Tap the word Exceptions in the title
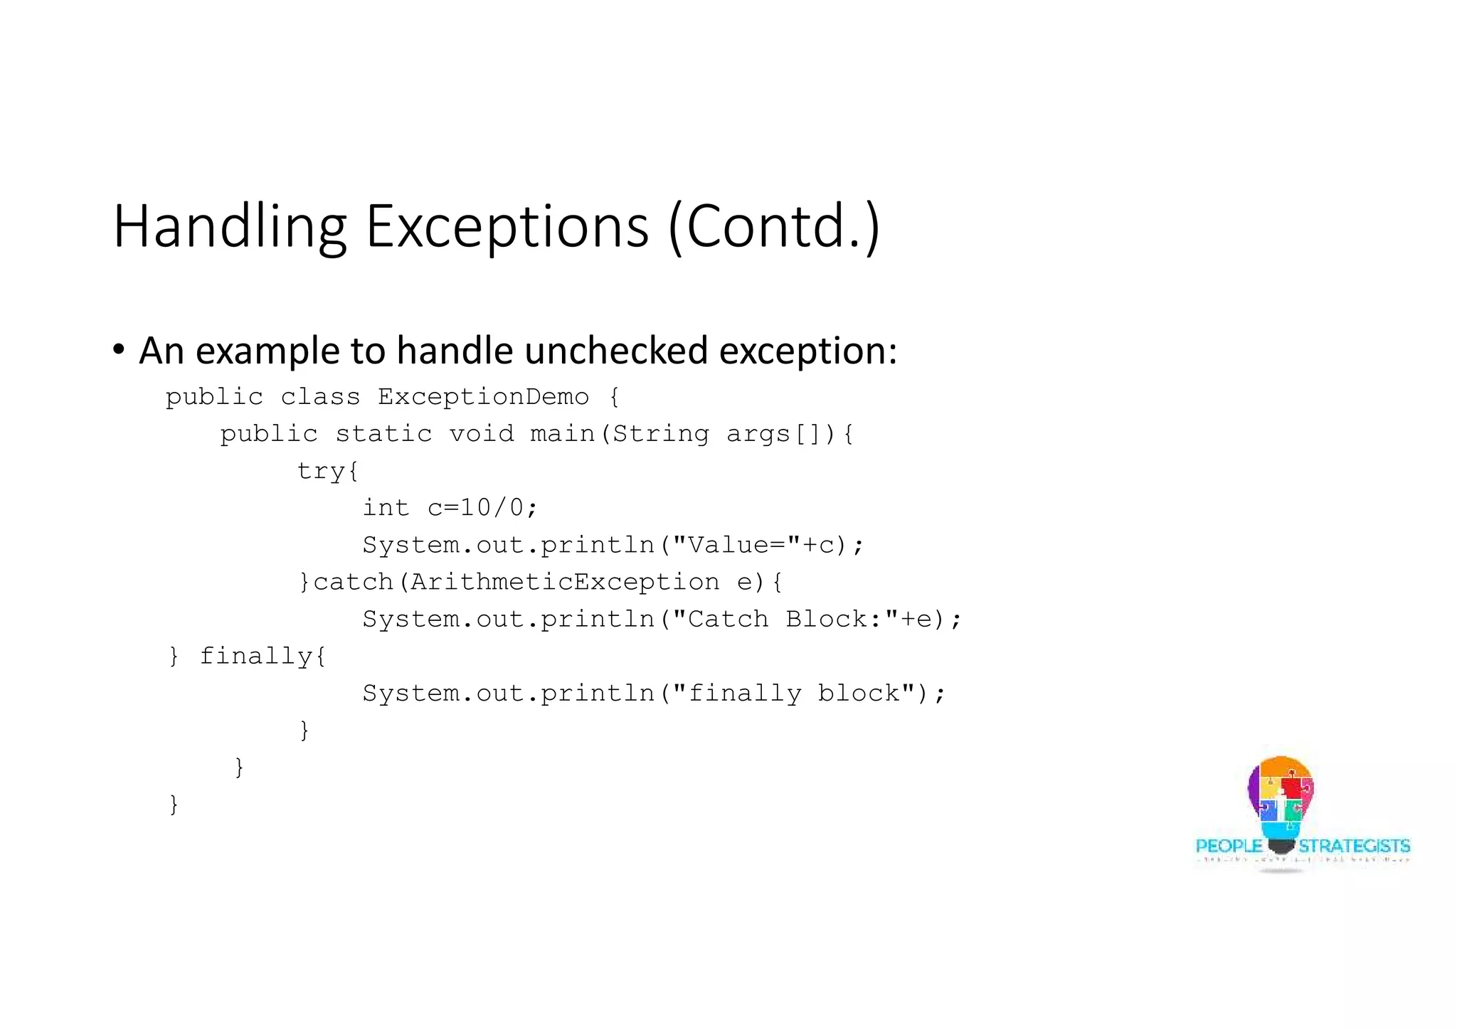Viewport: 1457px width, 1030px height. pos(507,227)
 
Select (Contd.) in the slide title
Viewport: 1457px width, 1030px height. pos(773,227)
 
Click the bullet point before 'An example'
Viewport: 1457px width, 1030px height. pos(119,350)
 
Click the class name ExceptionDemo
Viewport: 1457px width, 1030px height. pos(483,397)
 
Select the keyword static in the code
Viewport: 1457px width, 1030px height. pos(383,434)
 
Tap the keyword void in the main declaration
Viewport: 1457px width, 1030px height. pos(481,434)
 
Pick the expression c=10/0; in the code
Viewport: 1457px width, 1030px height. pos(482,508)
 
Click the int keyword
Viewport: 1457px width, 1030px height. pos(386,508)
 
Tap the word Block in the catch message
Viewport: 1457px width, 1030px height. pos(825,619)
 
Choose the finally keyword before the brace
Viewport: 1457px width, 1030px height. pos(255,656)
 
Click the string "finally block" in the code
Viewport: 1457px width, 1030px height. pos(793,693)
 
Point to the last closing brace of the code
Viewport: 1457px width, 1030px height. pos(174,805)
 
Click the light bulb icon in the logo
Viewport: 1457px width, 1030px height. pos(1281,804)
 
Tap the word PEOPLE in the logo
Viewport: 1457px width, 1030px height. pos(1229,846)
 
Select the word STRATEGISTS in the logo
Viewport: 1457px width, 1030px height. pos(1354,846)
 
